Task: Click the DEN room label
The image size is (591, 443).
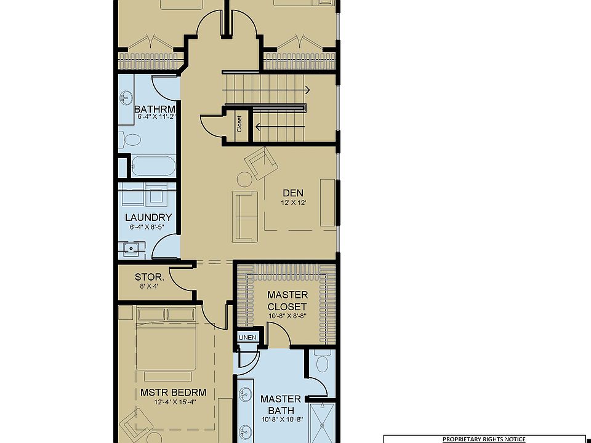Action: point(293,193)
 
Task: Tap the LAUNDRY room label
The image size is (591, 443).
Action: point(148,217)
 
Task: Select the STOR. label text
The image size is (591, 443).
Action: point(149,277)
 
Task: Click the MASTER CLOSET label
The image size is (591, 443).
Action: point(287,300)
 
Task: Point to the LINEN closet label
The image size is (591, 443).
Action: point(247,338)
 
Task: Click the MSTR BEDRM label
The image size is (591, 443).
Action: point(174,392)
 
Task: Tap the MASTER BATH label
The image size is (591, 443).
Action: point(281,404)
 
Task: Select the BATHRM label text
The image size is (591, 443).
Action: point(155,110)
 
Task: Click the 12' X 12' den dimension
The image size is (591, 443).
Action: point(293,202)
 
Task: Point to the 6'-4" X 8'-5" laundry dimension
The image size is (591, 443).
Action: point(147,227)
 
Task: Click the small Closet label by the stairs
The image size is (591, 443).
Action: point(239,124)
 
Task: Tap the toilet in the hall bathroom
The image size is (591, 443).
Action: point(129,140)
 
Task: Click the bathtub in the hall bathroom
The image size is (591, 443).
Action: point(153,166)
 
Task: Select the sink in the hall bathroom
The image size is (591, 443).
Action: point(126,98)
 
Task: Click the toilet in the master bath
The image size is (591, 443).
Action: point(322,361)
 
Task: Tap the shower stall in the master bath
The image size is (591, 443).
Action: point(322,422)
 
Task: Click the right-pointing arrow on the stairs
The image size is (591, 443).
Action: point(266,90)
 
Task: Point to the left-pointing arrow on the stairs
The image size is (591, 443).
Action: point(279,127)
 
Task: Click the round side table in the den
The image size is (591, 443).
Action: point(244,179)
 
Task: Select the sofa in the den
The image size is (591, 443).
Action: point(244,216)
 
